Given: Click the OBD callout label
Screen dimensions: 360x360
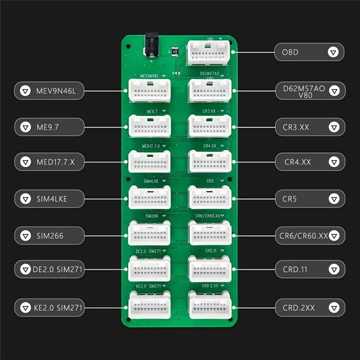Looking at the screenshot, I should click(x=309, y=52).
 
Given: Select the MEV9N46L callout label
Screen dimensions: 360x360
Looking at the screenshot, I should click(x=49, y=91).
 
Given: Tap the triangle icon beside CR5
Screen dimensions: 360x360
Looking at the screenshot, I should click(x=333, y=198).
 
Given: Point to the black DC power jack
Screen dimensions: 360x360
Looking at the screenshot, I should click(x=151, y=46).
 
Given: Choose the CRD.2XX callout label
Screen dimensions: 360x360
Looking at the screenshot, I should click(x=310, y=308).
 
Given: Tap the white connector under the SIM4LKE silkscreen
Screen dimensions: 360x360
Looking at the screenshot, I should click(x=150, y=197).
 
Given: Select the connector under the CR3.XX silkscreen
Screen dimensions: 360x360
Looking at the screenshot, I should click(x=210, y=126).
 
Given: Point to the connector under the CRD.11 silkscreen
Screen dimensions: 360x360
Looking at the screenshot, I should click(x=210, y=269).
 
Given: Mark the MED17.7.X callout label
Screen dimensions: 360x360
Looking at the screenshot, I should click(x=49, y=162).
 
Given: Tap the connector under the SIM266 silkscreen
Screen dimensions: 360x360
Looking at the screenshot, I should click(x=150, y=233).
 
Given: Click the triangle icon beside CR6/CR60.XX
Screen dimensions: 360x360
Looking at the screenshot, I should click(x=333, y=234).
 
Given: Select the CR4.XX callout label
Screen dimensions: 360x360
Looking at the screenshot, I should click(x=310, y=162).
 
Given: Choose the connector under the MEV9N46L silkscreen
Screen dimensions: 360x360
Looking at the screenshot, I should click(x=150, y=90).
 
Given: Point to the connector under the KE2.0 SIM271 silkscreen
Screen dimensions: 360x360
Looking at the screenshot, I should click(x=150, y=305).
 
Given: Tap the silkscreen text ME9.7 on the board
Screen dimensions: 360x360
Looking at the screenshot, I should click(x=152, y=111).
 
